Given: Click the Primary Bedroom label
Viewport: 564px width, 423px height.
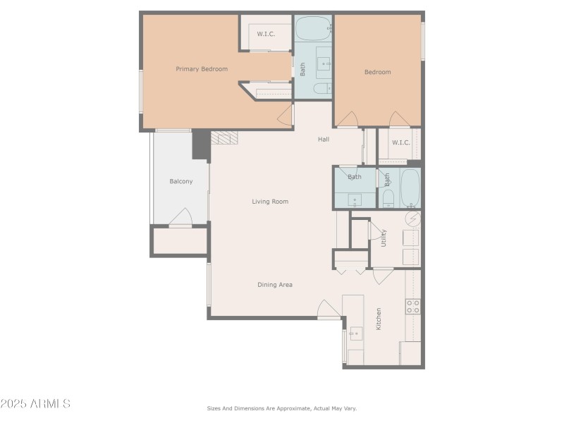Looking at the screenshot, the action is click(202, 69).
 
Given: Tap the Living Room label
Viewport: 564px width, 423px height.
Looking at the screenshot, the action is click(270, 202).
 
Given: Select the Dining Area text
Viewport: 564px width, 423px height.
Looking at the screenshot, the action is click(275, 285).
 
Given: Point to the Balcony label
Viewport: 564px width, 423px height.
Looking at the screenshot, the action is click(181, 181).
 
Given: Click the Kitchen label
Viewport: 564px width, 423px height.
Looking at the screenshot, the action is click(379, 319).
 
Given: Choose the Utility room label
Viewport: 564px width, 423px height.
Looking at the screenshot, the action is click(384, 238).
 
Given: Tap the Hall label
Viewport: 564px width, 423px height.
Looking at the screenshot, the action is click(324, 139).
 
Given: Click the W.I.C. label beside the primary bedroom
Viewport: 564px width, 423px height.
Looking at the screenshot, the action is click(266, 34).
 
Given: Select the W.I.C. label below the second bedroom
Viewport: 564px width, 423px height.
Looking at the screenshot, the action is click(400, 142).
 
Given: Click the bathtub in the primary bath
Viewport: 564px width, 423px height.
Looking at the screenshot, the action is click(313, 28).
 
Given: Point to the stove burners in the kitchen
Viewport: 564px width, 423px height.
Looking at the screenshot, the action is click(413, 307).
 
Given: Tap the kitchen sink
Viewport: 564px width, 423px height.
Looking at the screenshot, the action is click(356, 333).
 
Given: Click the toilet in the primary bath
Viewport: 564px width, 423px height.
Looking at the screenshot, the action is click(322, 88).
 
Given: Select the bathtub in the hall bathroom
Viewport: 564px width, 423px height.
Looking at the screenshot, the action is click(410, 188).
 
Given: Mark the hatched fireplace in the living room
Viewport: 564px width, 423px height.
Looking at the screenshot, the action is click(224, 137).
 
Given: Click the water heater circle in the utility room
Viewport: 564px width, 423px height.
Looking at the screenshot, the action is click(412, 219).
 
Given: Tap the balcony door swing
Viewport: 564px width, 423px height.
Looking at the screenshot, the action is click(181, 216).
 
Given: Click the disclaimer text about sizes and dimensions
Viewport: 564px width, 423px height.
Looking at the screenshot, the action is click(281, 408).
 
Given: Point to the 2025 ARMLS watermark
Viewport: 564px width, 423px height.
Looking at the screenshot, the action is click(35, 403).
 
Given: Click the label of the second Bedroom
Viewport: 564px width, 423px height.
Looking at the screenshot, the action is click(378, 72).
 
